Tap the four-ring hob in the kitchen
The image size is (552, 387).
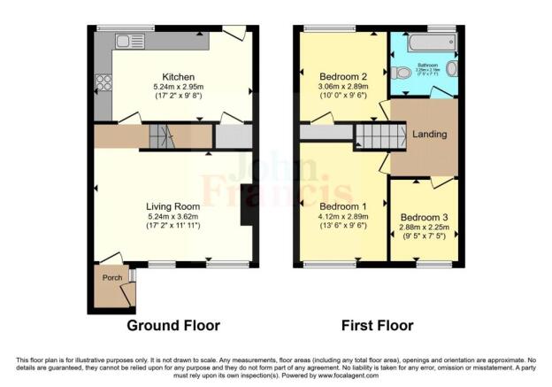point(103,83)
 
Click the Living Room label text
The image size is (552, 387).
point(173,206)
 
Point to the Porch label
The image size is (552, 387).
point(112,277)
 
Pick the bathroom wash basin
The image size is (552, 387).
point(452,68)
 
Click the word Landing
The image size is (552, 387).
point(429,135)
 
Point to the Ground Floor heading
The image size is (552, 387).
point(173,325)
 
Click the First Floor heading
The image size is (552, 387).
point(378,325)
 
